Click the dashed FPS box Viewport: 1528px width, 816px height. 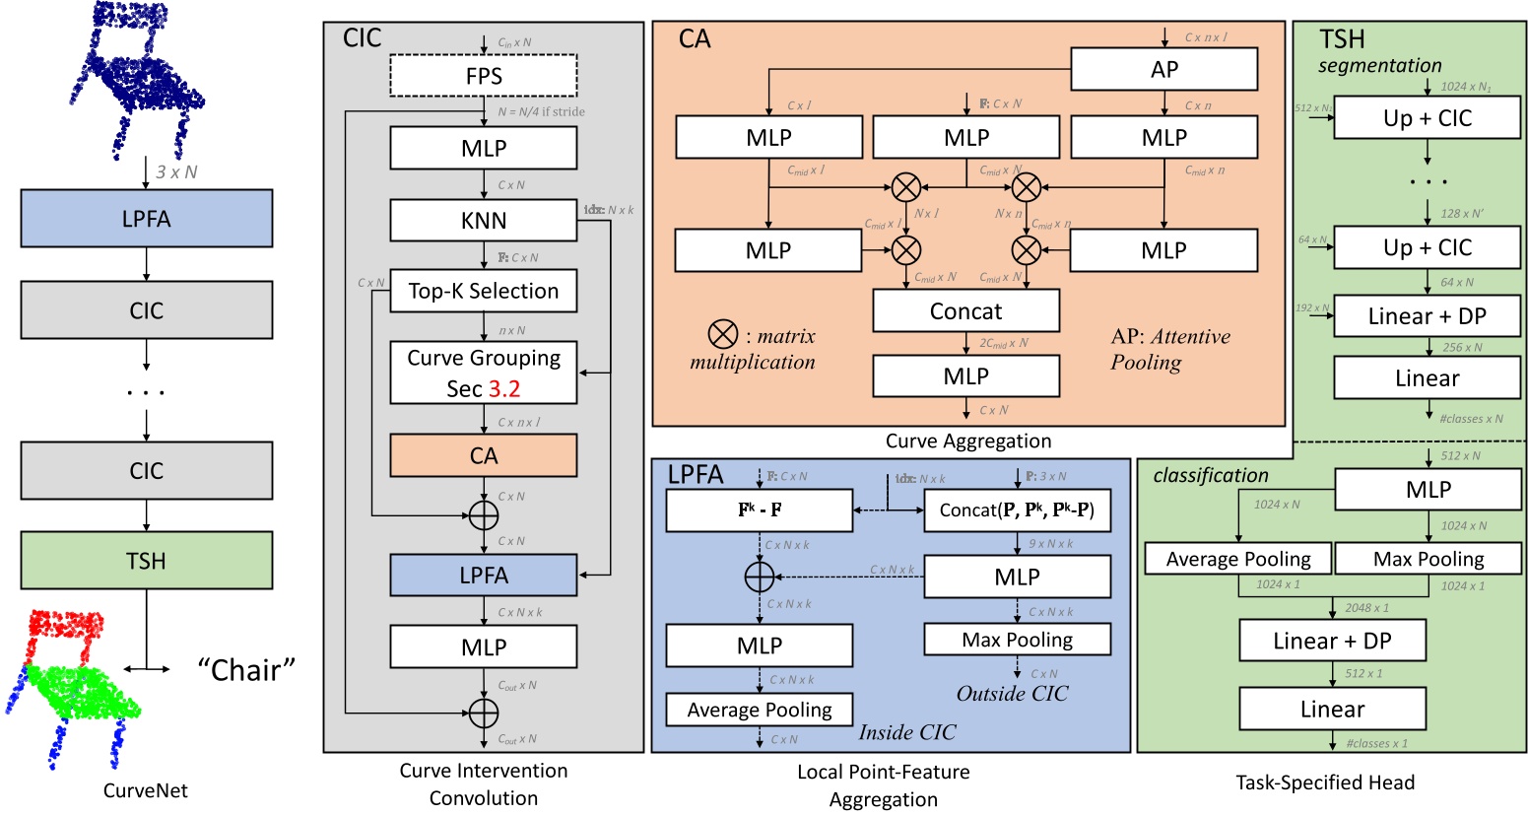tap(484, 76)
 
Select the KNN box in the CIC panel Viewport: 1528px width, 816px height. tap(484, 221)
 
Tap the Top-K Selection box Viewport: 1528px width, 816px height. tap(484, 291)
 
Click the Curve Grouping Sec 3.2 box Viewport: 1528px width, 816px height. tap(484, 373)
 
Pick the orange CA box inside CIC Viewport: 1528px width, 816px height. tap(484, 456)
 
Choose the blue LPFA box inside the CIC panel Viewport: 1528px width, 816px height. tap(484, 576)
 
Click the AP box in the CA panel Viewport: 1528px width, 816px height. tap(1163, 70)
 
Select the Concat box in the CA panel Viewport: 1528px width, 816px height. tap(965, 311)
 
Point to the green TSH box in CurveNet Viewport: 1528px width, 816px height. tap(146, 561)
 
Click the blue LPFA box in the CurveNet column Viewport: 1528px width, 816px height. tap(146, 219)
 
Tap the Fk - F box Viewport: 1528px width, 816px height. tap(760, 510)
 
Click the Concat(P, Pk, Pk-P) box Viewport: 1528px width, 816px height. tap(1017, 510)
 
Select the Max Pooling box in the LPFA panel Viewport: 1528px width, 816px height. tap(1017, 640)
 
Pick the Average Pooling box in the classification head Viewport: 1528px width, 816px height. tap(1238, 559)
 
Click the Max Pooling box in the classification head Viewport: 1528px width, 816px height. tap(1428, 559)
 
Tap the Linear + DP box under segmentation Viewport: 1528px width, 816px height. tap(1427, 316)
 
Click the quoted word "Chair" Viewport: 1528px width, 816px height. tap(246, 670)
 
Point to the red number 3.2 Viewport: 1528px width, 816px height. tap(504, 389)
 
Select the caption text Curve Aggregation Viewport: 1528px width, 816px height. tap(967, 442)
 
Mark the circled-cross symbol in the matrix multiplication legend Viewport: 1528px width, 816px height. tap(723, 335)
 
